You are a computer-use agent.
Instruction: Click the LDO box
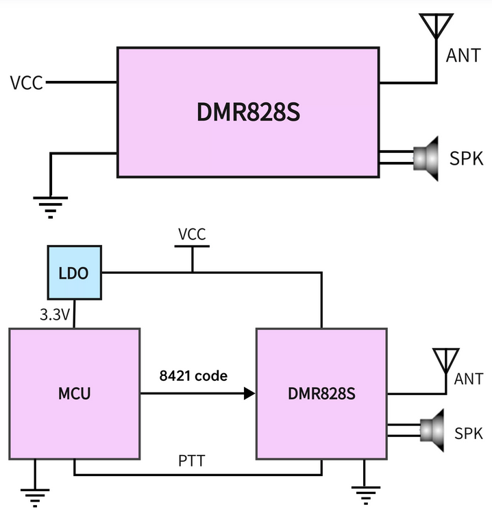pyautogui.click(x=73, y=273)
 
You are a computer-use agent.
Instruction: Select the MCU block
pyautogui.click(x=74, y=394)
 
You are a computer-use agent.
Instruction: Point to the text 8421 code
pyautogui.click(x=193, y=375)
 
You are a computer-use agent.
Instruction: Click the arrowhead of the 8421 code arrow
pyautogui.click(x=250, y=393)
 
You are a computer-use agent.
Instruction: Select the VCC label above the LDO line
pyautogui.click(x=192, y=234)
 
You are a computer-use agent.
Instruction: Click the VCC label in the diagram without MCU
pyautogui.click(x=27, y=84)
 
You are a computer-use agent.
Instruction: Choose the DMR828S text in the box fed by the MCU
pyautogui.click(x=322, y=394)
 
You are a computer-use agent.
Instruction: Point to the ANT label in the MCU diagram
pyautogui.click(x=469, y=378)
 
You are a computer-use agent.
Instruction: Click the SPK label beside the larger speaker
pyautogui.click(x=467, y=158)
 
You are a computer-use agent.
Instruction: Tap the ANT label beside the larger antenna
pyautogui.click(x=464, y=56)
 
